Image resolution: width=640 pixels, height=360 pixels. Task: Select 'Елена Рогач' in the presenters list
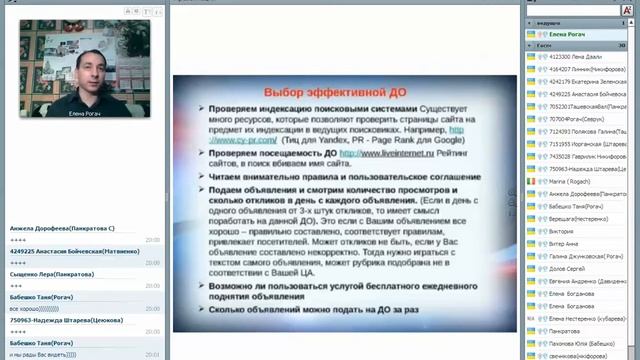(x=560, y=34)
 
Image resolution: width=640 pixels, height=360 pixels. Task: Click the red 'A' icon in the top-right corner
(x=627, y=7)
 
